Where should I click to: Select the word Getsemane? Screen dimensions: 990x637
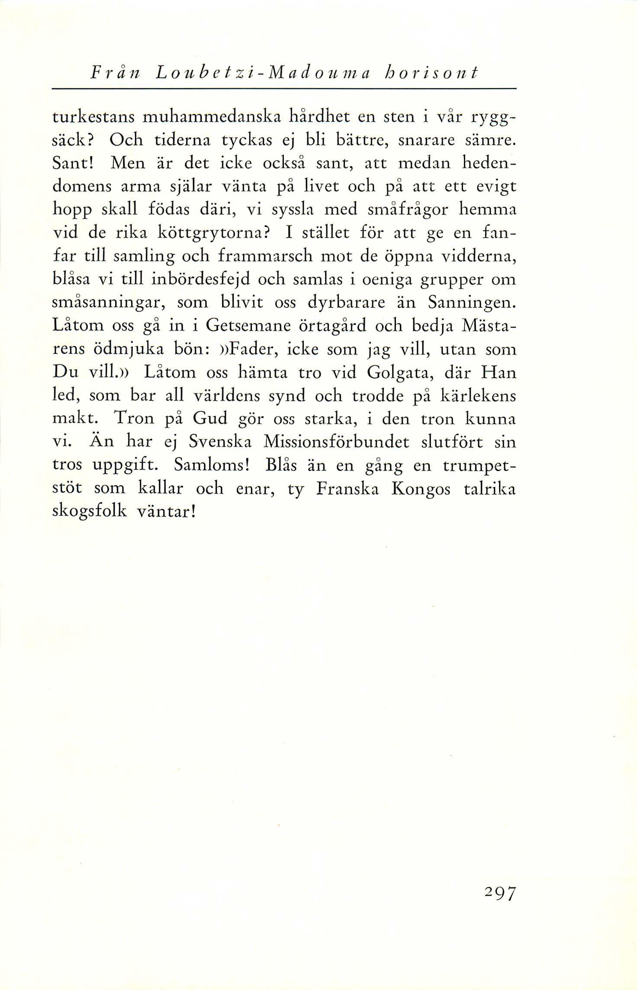coord(248,326)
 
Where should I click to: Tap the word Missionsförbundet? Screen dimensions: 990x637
coord(336,442)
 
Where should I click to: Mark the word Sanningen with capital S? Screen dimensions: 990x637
coord(472,303)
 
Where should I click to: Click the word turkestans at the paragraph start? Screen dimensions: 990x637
coord(93,117)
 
